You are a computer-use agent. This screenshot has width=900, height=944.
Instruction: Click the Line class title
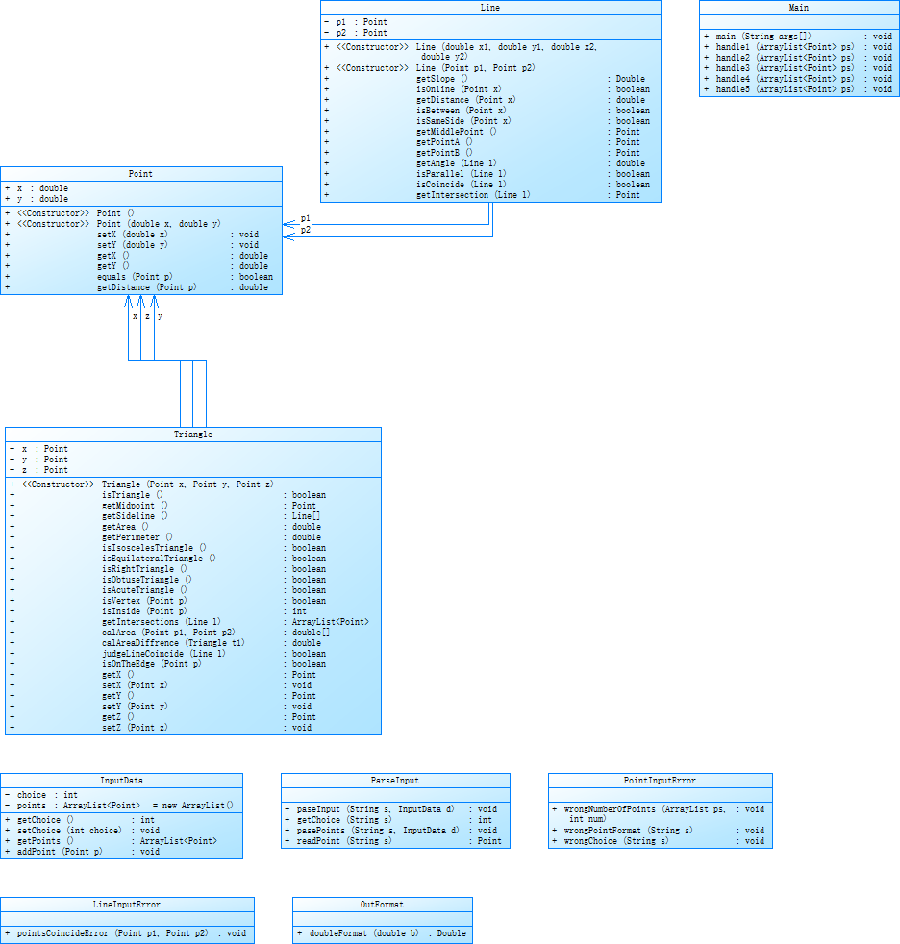489,8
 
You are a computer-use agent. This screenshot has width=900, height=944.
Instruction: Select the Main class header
798,8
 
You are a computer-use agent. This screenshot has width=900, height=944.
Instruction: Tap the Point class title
140,174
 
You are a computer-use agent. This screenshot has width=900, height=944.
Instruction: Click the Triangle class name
193,435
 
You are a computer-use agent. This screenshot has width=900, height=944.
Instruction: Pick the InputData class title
121,781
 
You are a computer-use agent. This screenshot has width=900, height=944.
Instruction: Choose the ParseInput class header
395,781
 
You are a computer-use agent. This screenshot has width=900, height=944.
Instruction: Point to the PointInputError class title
660,781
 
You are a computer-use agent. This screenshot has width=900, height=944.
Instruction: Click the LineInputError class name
127,905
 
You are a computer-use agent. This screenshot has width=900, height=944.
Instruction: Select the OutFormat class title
382,905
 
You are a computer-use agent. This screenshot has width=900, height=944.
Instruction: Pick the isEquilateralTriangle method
159,558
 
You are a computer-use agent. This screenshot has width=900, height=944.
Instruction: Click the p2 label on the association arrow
306,231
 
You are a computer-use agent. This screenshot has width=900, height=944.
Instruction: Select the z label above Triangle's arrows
147,316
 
